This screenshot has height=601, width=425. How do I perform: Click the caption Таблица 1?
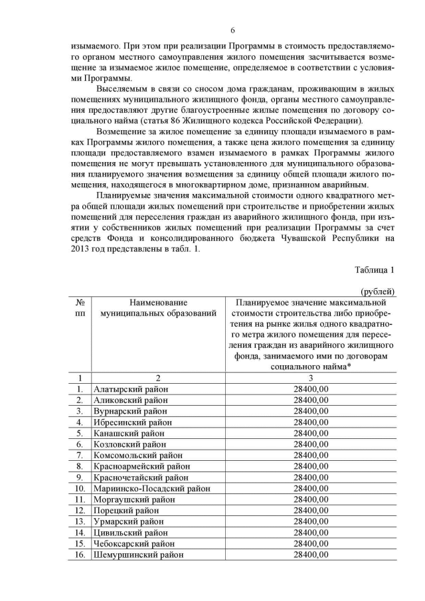click(x=375, y=270)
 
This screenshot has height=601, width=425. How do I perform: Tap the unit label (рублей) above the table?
click(x=377, y=291)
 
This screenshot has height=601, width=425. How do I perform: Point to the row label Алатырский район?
click(x=131, y=389)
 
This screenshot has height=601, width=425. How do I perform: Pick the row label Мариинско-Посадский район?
click(x=152, y=488)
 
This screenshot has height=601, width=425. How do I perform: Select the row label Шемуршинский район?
click(x=139, y=555)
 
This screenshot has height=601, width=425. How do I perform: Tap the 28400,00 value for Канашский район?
click(x=311, y=433)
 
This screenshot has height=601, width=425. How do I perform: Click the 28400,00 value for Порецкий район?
click(x=311, y=510)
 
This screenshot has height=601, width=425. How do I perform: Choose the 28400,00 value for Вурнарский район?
click(x=311, y=411)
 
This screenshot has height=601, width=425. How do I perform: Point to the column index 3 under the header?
click(x=311, y=378)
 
